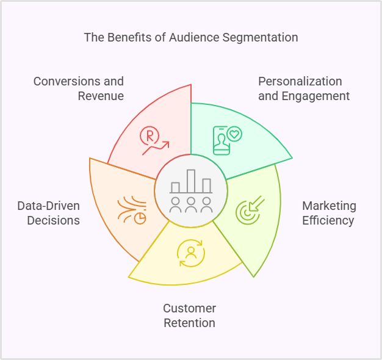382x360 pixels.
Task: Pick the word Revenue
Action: pyautogui.click(x=101, y=96)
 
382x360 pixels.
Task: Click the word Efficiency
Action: pyautogui.click(x=328, y=220)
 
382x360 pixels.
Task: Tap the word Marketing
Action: pyautogui.click(x=330, y=206)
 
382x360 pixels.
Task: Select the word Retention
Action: pyautogui.click(x=189, y=323)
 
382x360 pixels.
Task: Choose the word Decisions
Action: pyautogui.click(x=53, y=220)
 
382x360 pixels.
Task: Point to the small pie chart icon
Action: pyautogui.click(x=140, y=218)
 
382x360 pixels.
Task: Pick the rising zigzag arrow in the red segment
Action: pyautogui.click(x=157, y=147)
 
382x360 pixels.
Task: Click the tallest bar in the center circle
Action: pyautogui.click(x=191, y=181)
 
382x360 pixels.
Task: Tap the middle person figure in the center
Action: pyautogui.click(x=191, y=204)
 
